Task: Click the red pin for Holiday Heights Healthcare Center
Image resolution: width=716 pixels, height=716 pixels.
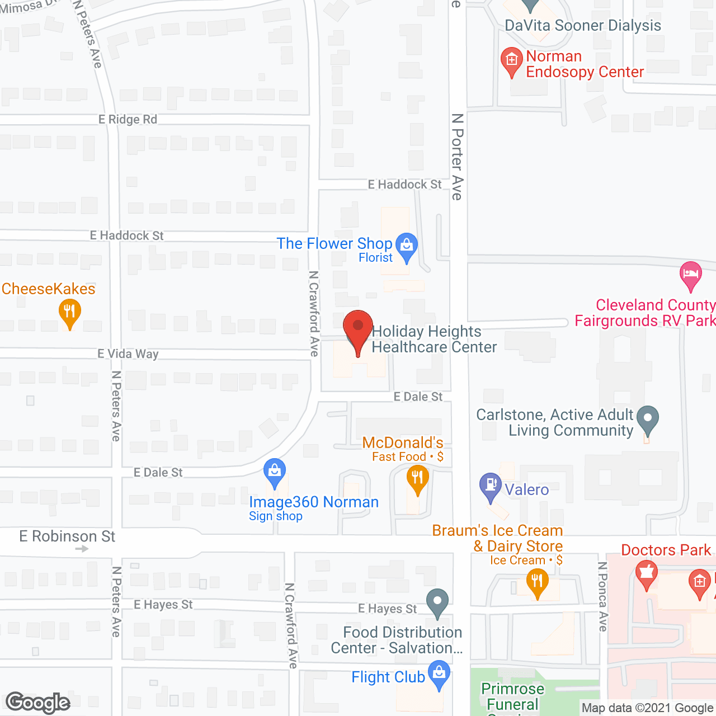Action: [357, 327]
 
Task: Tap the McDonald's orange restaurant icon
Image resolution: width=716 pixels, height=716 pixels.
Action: [417, 479]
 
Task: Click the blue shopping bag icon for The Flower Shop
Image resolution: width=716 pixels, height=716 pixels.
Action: [407, 246]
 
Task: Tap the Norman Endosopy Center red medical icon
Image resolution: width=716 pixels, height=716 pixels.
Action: [511, 60]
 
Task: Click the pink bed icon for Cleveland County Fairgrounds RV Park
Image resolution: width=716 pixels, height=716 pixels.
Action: [691, 275]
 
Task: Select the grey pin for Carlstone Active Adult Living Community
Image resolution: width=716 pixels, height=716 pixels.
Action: [648, 419]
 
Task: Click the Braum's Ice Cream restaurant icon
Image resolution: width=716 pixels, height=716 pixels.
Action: [537, 582]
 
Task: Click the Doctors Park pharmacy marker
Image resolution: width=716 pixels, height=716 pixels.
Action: [647, 574]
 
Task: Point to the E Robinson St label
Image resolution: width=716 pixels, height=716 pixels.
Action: [67, 536]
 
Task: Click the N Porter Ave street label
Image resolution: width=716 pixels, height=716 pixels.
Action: [458, 157]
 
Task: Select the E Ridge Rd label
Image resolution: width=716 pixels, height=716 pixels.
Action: [128, 119]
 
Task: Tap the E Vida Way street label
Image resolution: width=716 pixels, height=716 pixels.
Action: [128, 354]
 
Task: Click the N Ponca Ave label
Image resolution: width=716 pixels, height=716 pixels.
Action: [602, 596]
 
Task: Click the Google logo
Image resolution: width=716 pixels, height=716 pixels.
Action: [38, 703]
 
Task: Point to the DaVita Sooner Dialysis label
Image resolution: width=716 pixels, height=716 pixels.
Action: [583, 25]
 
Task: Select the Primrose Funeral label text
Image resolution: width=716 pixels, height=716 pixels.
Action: [512, 696]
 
